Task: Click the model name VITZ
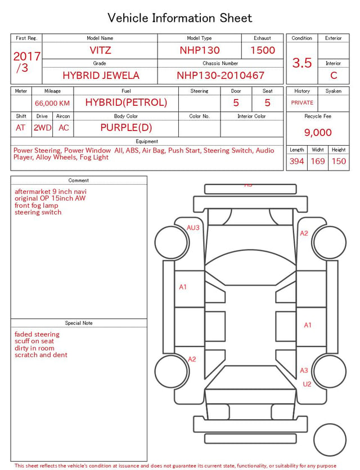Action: (100, 50)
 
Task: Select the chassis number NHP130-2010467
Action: (220, 75)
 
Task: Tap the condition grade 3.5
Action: (302, 62)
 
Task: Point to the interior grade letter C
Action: (334, 75)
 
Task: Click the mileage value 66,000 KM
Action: (52, 103)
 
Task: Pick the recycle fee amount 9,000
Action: (318, 132)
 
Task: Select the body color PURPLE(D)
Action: (126, 127)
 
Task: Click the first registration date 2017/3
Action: (26, 62)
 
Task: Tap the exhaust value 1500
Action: (263, 50)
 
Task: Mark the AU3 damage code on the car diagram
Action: (193, 227)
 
